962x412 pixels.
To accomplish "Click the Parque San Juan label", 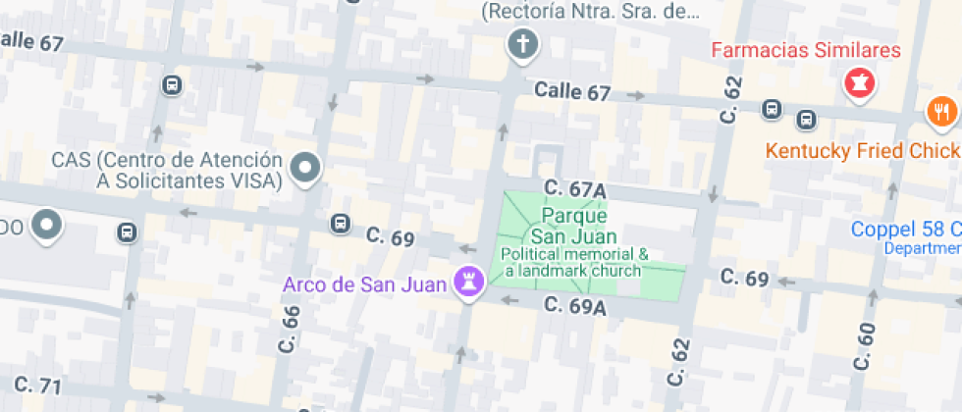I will [573, 226].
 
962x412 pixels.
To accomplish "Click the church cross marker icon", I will [522, 44].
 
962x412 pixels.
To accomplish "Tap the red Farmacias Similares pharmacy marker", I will [859, 83].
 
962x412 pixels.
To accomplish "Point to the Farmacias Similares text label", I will [805, 49].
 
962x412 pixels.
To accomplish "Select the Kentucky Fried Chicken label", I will [862, 151].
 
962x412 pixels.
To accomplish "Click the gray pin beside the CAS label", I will [306, 169].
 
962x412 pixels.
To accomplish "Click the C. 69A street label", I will [575, 307].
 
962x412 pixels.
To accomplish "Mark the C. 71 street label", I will [37, 384].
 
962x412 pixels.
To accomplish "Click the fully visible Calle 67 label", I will [572, 92].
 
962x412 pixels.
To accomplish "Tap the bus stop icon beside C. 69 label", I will [341, 224].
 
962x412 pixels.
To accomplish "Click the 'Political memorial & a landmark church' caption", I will [573, 262].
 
